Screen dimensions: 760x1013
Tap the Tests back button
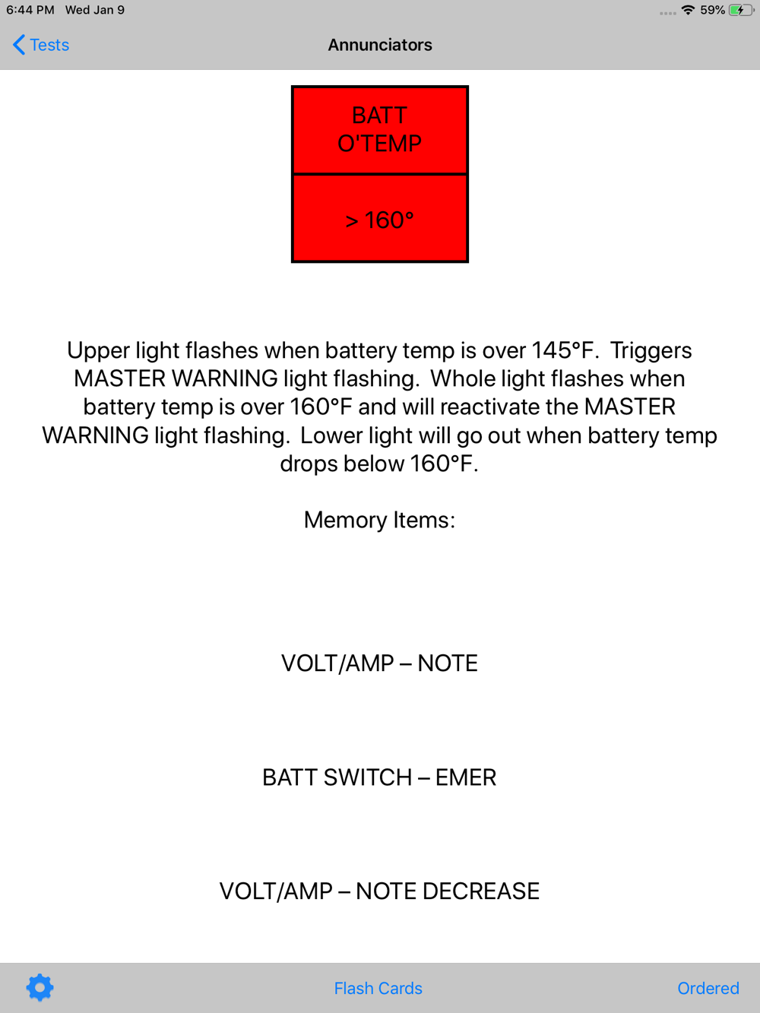(40, 45)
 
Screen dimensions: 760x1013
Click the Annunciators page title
(380, 45)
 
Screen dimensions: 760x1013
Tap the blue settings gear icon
(40, 988)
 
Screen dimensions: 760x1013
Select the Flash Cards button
(378, 988)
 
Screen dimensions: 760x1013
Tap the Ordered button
(708, 988)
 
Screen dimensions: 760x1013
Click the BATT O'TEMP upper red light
(380, 130)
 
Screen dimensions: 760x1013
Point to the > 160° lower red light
(380, 218)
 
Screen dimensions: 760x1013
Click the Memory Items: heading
(379, 520)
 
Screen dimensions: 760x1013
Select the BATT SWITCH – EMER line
(379, 777)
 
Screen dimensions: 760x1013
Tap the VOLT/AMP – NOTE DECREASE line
(379, 891)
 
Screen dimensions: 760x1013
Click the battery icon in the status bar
(742, 10)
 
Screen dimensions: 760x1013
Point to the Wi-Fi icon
(688, 10)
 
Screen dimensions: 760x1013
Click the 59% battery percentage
(712, 10)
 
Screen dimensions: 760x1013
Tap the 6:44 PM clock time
(30, 10)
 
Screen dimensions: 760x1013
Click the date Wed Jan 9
(94, 10)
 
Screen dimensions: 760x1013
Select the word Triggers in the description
(651, 351)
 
